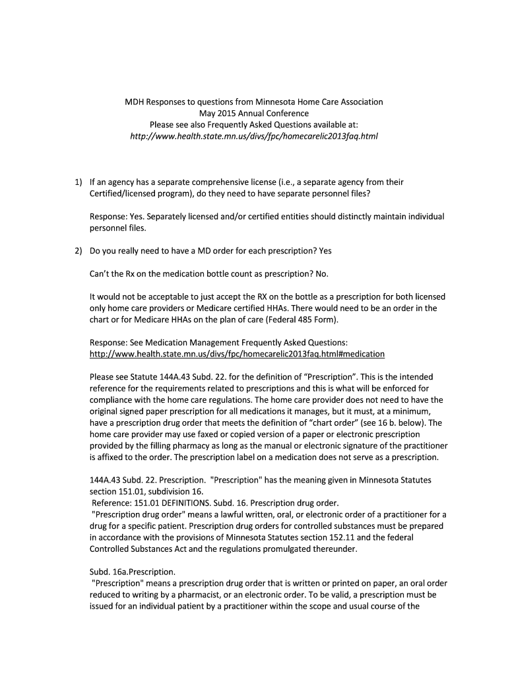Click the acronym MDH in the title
(x=136, y=102)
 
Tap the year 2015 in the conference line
(x=229, y=114)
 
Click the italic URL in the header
(x=254, y=136)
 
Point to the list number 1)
(x=79, y=182)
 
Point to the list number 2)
(x=79, y=251)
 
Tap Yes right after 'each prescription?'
(x=325, y=251)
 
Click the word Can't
(x=100, y=273)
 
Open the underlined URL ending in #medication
(x=237, y=354)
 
